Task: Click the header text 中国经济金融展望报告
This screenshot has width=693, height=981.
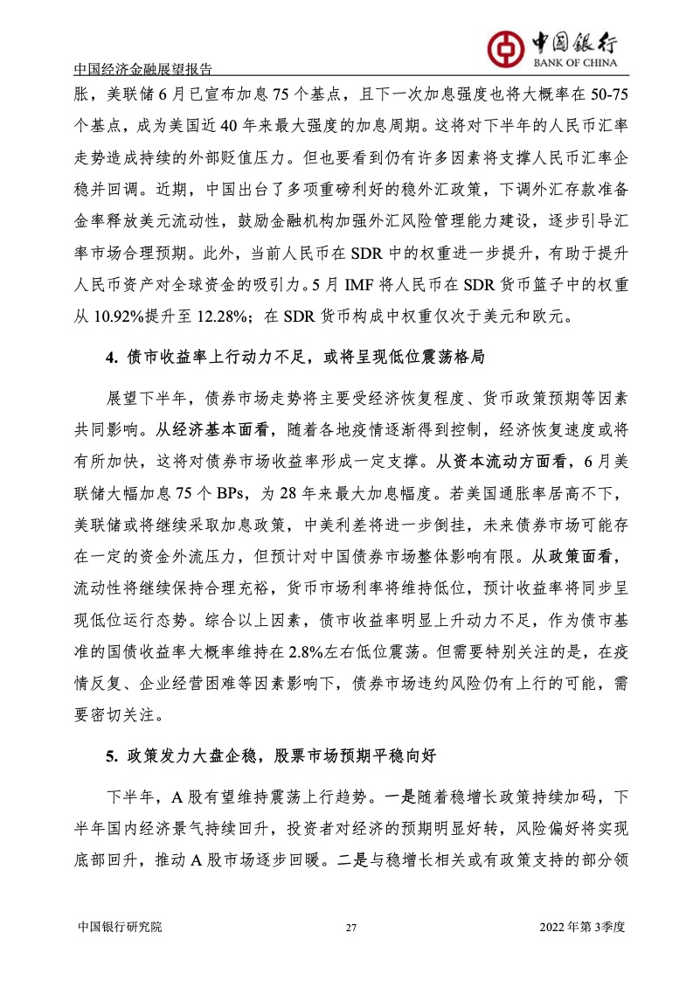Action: [144, 69]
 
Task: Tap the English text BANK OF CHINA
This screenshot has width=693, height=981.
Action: [571, 63]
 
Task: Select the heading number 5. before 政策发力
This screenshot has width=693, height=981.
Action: [111, 757]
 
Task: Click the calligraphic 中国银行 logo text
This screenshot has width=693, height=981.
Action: [573, 41]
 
